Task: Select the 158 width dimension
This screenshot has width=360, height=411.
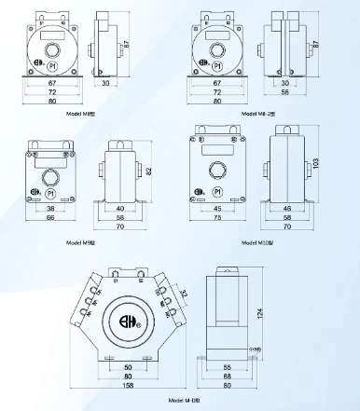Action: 127,383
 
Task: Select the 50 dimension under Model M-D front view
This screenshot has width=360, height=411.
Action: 127,367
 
